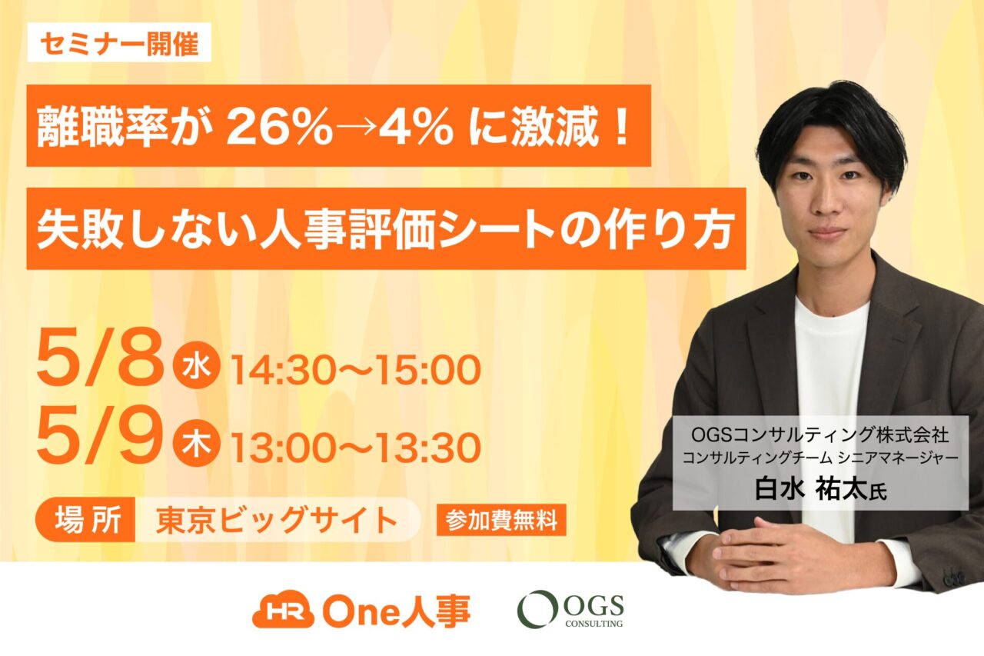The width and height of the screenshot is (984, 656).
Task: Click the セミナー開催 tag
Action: pos(119,42)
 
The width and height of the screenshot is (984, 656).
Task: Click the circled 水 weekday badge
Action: pos(196,365)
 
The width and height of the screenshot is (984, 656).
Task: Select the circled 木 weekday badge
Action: pos(196,442)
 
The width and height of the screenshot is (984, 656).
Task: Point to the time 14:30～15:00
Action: pos(356,370)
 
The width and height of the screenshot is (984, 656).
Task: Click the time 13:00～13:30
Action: pos(356,448)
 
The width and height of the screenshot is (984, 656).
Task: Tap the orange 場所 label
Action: pos(85,520)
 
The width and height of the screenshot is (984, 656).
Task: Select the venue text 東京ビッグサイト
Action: pos(278,520)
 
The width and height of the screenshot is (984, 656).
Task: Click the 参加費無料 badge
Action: pos(501,520)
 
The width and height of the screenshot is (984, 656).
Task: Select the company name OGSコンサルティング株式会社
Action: pos(820,435)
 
